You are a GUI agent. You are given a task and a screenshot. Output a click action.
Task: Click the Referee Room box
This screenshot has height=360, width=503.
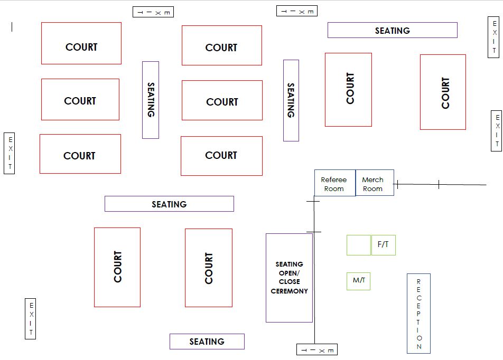click(334, 183)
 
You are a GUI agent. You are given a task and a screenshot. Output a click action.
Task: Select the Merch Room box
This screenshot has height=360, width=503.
click(375, 183)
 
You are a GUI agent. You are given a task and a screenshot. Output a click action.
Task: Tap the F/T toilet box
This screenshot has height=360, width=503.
click(383, 245)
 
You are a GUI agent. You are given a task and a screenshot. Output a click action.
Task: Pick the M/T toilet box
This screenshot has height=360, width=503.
click(358, 280)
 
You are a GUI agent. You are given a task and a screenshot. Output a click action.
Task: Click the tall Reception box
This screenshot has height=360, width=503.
click(418, 313)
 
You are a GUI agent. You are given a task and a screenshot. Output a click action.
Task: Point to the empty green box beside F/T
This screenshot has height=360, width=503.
click(358, 245)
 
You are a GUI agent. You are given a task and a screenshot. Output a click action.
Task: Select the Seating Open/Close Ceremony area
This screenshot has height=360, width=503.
click(289, 278)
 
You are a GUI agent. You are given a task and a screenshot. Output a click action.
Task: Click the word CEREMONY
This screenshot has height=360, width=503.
click(289, 291)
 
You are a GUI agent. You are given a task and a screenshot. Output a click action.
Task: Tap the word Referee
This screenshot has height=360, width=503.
click(334, 179)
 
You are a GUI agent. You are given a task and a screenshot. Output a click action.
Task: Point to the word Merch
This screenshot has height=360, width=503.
click(372, 179)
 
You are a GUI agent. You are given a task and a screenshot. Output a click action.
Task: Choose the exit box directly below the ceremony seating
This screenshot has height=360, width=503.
click(317, 350)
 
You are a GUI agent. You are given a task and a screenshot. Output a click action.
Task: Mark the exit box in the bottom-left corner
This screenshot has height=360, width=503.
click(31, 318)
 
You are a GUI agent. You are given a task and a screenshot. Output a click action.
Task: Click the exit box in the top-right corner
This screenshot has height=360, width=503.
click(493, 37)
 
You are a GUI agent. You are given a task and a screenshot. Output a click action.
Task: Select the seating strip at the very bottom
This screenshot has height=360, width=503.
click(207, 342)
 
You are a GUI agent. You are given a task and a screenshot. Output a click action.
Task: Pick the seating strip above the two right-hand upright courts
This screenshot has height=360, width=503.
click(392, 30)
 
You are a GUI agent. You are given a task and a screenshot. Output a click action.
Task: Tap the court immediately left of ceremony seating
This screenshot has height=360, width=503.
click(209, 267)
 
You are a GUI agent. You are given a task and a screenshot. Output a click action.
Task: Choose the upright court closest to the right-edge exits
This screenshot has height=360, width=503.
click(443, 92)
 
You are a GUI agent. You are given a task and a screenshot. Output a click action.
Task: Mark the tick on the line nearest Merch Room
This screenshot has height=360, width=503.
click(396, 184)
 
